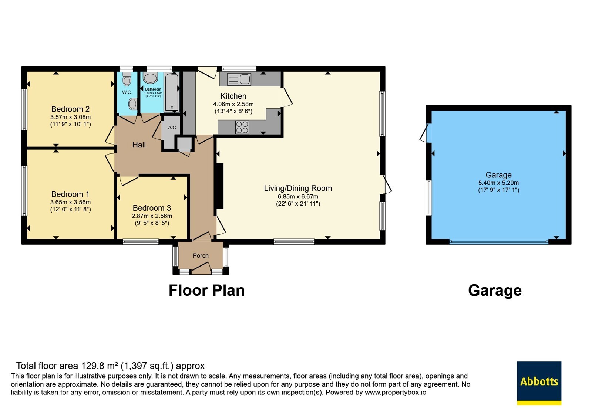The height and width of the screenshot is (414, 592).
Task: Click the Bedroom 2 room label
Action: tap(70, 109)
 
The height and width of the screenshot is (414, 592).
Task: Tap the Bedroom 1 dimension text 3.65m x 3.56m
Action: tap(70, 202)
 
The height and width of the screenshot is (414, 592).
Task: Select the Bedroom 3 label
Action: tap(152, 208)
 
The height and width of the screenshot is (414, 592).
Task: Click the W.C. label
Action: tap(127, 92)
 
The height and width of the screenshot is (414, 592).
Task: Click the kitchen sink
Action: tap(239, 79)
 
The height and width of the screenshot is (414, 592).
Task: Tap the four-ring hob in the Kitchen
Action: tap(242, 127)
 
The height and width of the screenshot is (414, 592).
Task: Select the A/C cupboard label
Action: tap(172, 128)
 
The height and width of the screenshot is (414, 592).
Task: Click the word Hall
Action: tap(139, 145)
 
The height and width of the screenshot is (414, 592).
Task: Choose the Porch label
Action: tap(201, 255)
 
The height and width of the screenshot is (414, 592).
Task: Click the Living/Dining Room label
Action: tap(298, 188)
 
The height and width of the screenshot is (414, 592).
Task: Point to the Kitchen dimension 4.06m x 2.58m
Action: tap(233, 104)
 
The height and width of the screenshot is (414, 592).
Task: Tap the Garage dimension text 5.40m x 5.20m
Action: tap(498, 183)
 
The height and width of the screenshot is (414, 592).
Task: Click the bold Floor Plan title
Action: tap(207, 291)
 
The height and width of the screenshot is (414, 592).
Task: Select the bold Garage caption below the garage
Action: tap(495, 291)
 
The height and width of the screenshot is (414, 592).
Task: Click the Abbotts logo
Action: tap(539, 383)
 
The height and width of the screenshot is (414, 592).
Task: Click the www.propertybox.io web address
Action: tap(396, 392)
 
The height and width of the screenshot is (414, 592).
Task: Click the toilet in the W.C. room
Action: tap(127, 79)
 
